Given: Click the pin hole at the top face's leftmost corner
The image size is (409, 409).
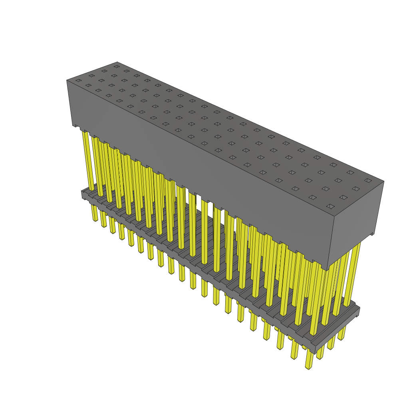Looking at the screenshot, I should point(78,81).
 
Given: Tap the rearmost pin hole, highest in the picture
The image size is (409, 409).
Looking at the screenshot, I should point(117,66).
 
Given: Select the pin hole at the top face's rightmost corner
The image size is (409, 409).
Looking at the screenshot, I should point(368,181).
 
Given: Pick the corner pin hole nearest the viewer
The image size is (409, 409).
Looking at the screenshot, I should point(330,206).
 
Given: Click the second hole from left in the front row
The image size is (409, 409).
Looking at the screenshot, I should point(88,85).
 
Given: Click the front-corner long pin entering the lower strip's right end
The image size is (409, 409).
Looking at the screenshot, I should point(315,304).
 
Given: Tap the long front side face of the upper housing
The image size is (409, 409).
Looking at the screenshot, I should point(200,168).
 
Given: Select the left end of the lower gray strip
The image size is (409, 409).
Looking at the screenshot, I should point(84,195).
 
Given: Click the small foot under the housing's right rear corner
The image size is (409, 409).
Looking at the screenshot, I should point(372,234).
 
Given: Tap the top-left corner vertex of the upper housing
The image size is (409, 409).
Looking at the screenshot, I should point(67,80).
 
